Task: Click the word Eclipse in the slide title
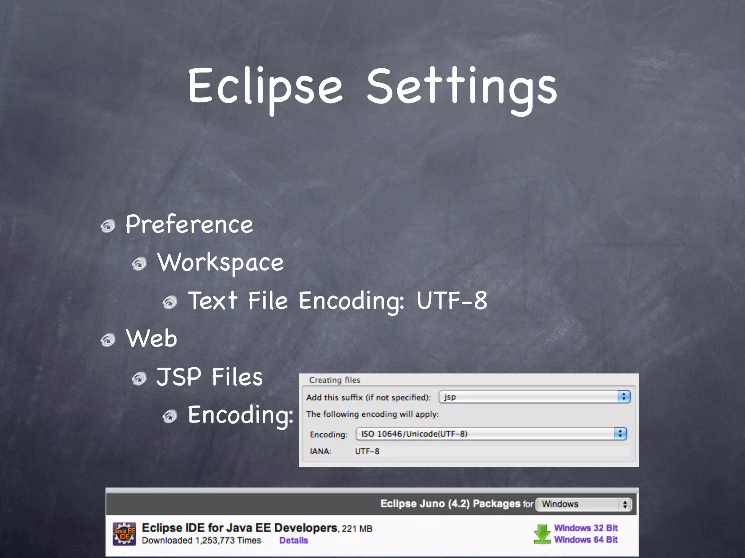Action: pos(265,86)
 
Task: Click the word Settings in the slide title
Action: pos(462,86)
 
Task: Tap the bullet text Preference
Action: pos(189,224)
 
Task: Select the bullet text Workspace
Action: pos(220,262)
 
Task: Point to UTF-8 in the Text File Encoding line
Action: pos(452,300)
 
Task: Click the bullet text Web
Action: pos(151,338)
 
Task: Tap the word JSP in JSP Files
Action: pos(179,377)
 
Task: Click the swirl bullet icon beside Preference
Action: pos(108,226)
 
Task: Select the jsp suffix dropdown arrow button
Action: pos(624,397)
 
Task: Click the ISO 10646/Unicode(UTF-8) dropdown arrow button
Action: pos(620,434)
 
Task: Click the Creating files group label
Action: pos(334,380)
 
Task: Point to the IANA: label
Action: pos(320,451)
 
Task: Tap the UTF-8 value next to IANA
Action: pos(367,451)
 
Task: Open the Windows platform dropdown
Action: pos(584,504)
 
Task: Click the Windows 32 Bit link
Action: pos(586,528)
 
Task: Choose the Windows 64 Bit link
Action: pos(586,540)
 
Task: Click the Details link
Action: pos(294,541)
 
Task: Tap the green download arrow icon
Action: pos(542,534)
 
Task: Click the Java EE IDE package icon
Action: pos(124,534)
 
